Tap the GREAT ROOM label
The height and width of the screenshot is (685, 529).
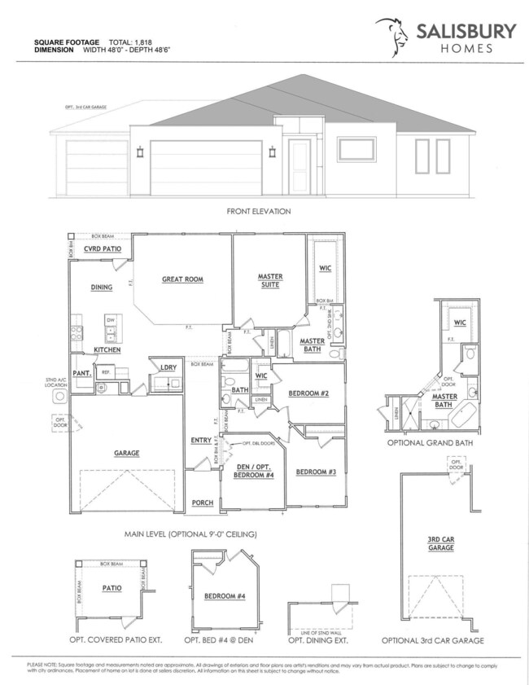coord(182,279)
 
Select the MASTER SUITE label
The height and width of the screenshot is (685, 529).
coord(269,281)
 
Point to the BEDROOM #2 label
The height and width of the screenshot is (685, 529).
coord(308,393)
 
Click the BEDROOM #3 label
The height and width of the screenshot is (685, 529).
coord(316,472)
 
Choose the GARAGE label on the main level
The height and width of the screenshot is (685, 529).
coord(127,453)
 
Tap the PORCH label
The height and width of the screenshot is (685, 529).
coord(202,503)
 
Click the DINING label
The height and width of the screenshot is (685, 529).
coord(102,287)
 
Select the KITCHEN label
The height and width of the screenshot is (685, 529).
coord(107,349)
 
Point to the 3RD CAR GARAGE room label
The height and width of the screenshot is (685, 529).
coord(440,544)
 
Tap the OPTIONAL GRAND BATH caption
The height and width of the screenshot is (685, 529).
coord(434,444)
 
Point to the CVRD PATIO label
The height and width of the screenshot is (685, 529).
coord(103,249)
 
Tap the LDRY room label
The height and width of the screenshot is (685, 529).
coord(169,367)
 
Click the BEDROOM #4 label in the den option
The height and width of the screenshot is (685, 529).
coord(219,596)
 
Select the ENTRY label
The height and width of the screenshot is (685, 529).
coord(201,441)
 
